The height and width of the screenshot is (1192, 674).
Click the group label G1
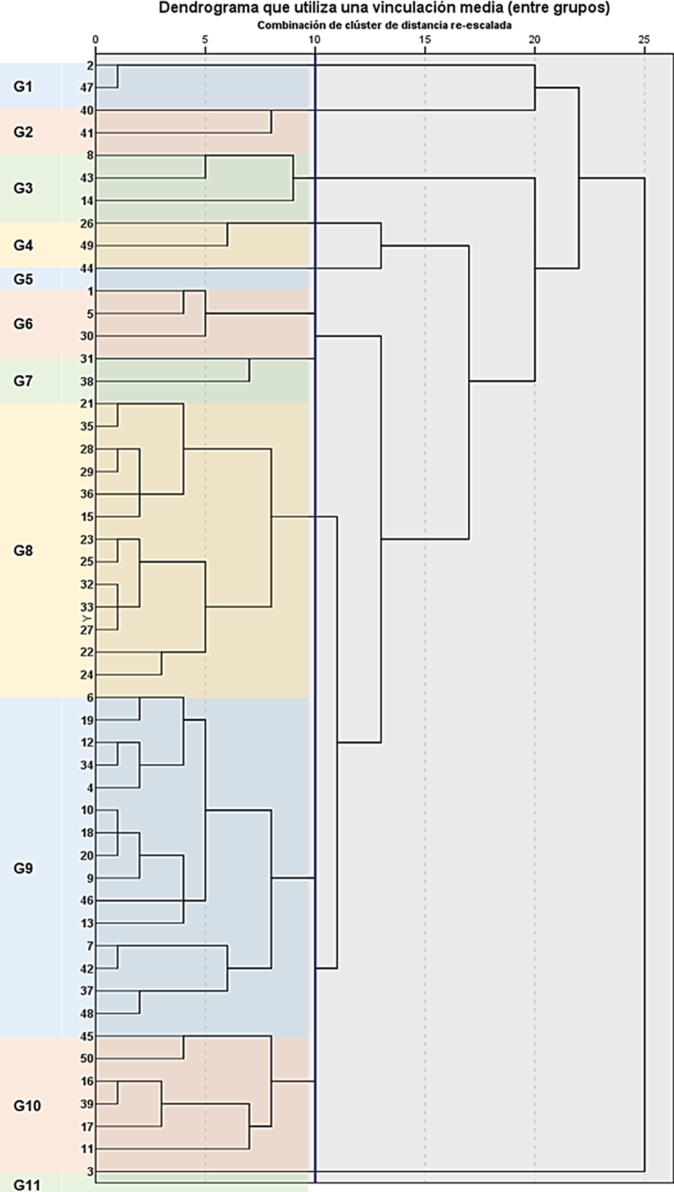(x=23, y=87)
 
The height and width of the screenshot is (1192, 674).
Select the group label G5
(x=23, y=279)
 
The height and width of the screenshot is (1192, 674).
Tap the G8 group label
(x=23, y=551)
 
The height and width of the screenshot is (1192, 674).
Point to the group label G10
(x=27, y=1106)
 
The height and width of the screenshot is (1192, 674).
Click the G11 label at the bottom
(x=27, y=1185)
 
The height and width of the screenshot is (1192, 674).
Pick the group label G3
(x=23, y=188)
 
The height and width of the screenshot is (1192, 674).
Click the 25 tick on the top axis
(x=644, y=39)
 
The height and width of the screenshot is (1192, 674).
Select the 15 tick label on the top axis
(x=425, y=39)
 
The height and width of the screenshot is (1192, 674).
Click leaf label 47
(x=87, y=88)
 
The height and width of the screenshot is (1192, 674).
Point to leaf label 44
(x=87, y=269)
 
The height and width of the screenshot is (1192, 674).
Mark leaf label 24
(x=87, y=675)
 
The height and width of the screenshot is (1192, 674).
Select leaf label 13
(x=87, y=923)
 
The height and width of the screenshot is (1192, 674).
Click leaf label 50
(x=87, y=1059)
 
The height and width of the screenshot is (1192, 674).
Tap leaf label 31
(x=87, y=359)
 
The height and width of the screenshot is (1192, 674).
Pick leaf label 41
(x=87, y=134)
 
